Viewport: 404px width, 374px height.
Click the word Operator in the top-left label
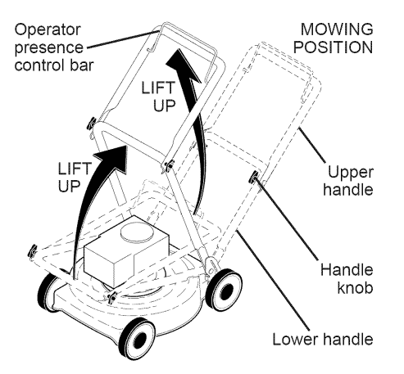tap(45, 29)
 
